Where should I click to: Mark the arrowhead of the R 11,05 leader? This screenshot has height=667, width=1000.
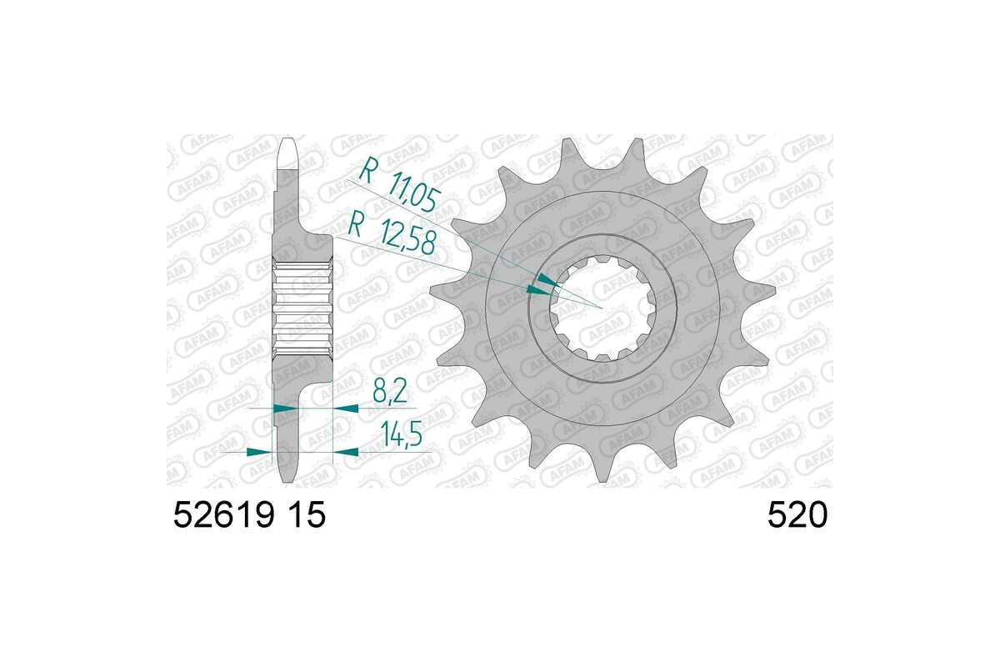pos(545,278)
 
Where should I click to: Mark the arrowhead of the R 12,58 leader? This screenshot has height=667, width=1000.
pos(537,289)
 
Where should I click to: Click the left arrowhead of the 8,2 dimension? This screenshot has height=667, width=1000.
pos(283,409)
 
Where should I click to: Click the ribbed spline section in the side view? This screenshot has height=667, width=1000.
pos(303,308)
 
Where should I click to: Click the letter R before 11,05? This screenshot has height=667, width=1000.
pos(365,173)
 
